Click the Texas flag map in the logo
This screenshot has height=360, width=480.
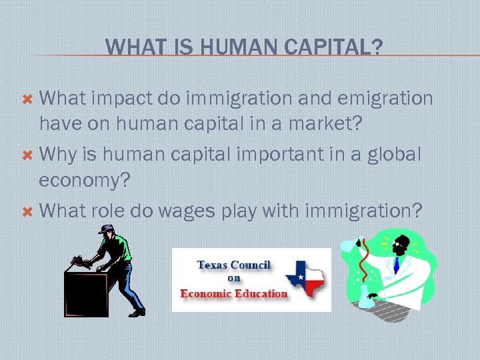click(305, 278)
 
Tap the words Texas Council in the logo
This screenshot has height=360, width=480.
click(233, 265)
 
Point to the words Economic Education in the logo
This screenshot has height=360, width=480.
click(234, 293)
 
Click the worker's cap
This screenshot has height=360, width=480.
click(105, 229)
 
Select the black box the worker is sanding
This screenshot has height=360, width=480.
click(86, 293)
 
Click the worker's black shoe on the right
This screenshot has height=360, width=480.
click(137, 311)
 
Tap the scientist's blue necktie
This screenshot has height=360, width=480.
click(396, 266)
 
